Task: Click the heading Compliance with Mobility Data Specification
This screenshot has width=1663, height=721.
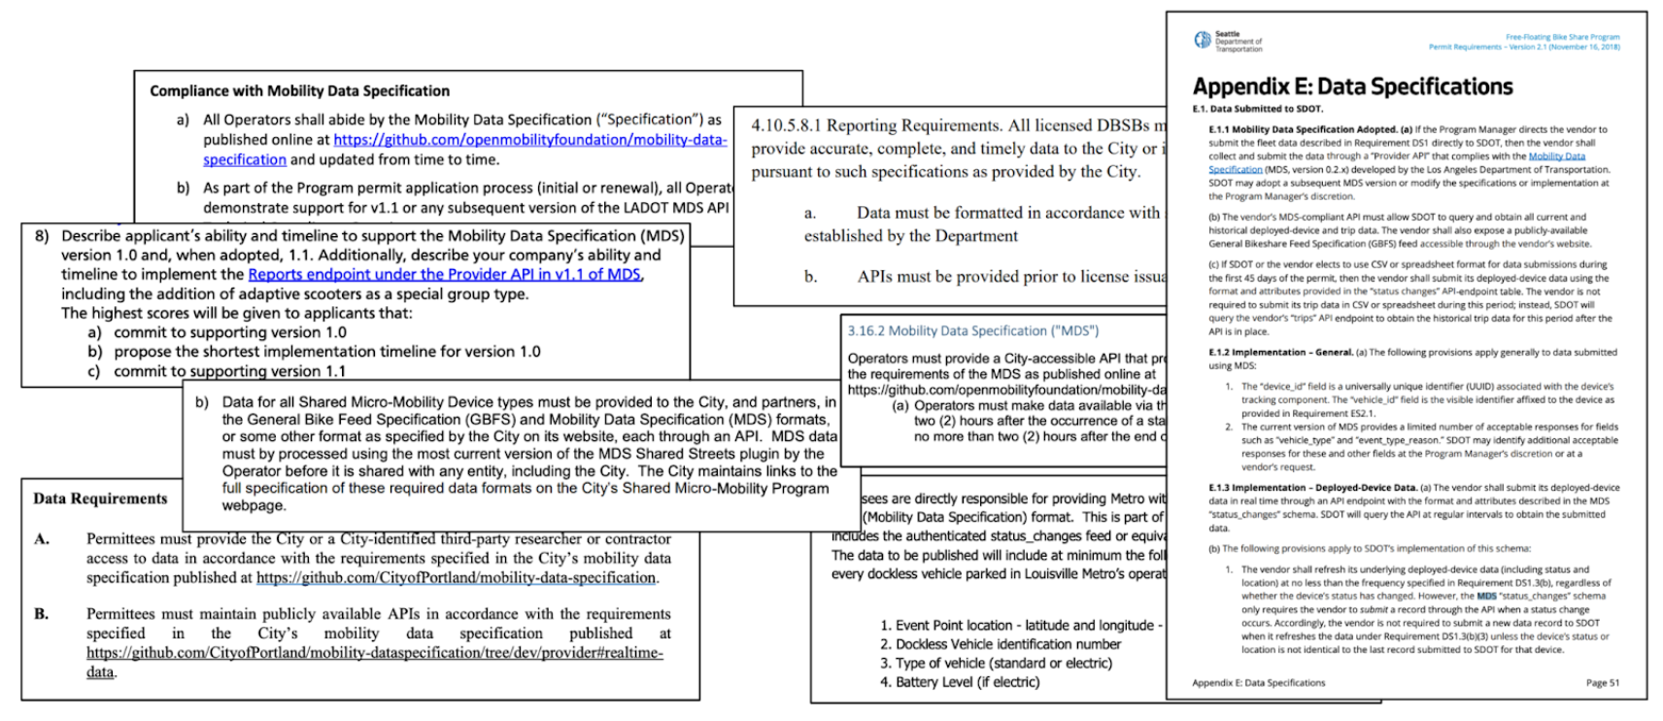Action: (x=299, y=91)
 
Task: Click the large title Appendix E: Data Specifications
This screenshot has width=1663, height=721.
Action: (x=1352, y=86)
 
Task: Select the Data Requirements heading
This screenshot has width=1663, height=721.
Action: (x=100, y=498)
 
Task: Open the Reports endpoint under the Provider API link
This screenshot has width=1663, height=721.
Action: (x=444, y=274)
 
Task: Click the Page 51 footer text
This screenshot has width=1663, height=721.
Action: (x=1602, y=683)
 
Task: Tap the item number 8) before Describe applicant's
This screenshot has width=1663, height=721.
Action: (x=42, y=236)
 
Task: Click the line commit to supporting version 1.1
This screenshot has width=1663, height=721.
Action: (x=229, y=371)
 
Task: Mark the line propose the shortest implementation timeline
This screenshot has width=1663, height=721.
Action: (x=326, y=352)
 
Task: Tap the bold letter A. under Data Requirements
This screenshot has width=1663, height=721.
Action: (x=42, y=539)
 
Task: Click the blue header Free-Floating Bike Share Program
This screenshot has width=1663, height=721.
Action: (x=1562, y=37)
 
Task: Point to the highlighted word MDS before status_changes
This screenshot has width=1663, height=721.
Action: (x=1486, y=596)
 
